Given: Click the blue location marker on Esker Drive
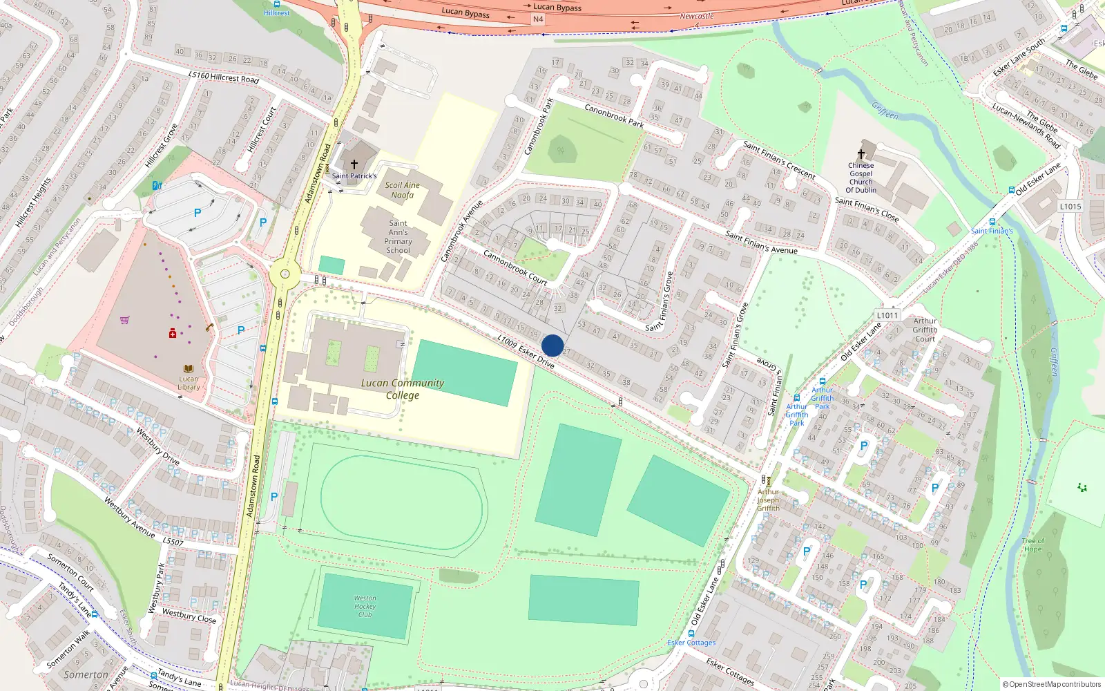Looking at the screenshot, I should (552, 345).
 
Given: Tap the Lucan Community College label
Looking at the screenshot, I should (403, 389).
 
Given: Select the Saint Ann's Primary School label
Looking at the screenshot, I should (398, 237).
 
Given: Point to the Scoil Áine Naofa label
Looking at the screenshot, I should (403, 190).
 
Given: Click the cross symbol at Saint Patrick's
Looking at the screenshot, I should (354, 164).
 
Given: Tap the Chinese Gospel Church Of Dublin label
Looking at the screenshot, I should (861, 178).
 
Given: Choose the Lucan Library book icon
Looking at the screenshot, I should (188, 369).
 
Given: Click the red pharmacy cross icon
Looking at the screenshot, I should (173, 334).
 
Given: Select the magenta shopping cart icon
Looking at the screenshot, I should (124, 320).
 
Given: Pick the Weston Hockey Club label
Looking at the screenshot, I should (365, 606).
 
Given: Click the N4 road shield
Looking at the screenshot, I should (538, 19).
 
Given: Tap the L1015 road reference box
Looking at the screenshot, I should (1070, 207).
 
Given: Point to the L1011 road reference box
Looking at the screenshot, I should (887, 316).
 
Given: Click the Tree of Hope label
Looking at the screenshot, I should (1033, 545).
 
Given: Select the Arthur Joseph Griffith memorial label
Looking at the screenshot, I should (768, 500).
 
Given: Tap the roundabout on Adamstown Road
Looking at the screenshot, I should (284, 274).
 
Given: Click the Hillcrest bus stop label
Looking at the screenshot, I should (277, 13).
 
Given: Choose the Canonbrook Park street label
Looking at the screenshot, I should (614, 116).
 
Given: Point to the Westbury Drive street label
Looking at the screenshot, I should (157, 446).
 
